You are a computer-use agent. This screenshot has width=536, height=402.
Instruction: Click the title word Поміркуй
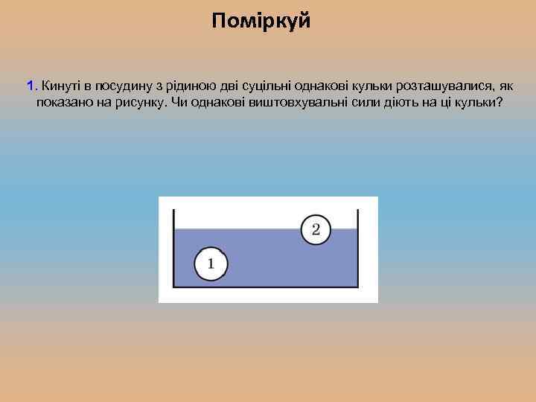(261, 21)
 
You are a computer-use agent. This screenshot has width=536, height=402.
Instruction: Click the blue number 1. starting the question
(32, 86)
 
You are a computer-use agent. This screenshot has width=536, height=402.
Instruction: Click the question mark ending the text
(500, 102)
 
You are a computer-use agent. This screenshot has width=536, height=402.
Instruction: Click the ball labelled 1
(211, 264)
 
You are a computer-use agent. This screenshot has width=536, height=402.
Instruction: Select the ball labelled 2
(316, 229)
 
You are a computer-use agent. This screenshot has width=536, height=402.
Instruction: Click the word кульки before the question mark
(475, 102)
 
